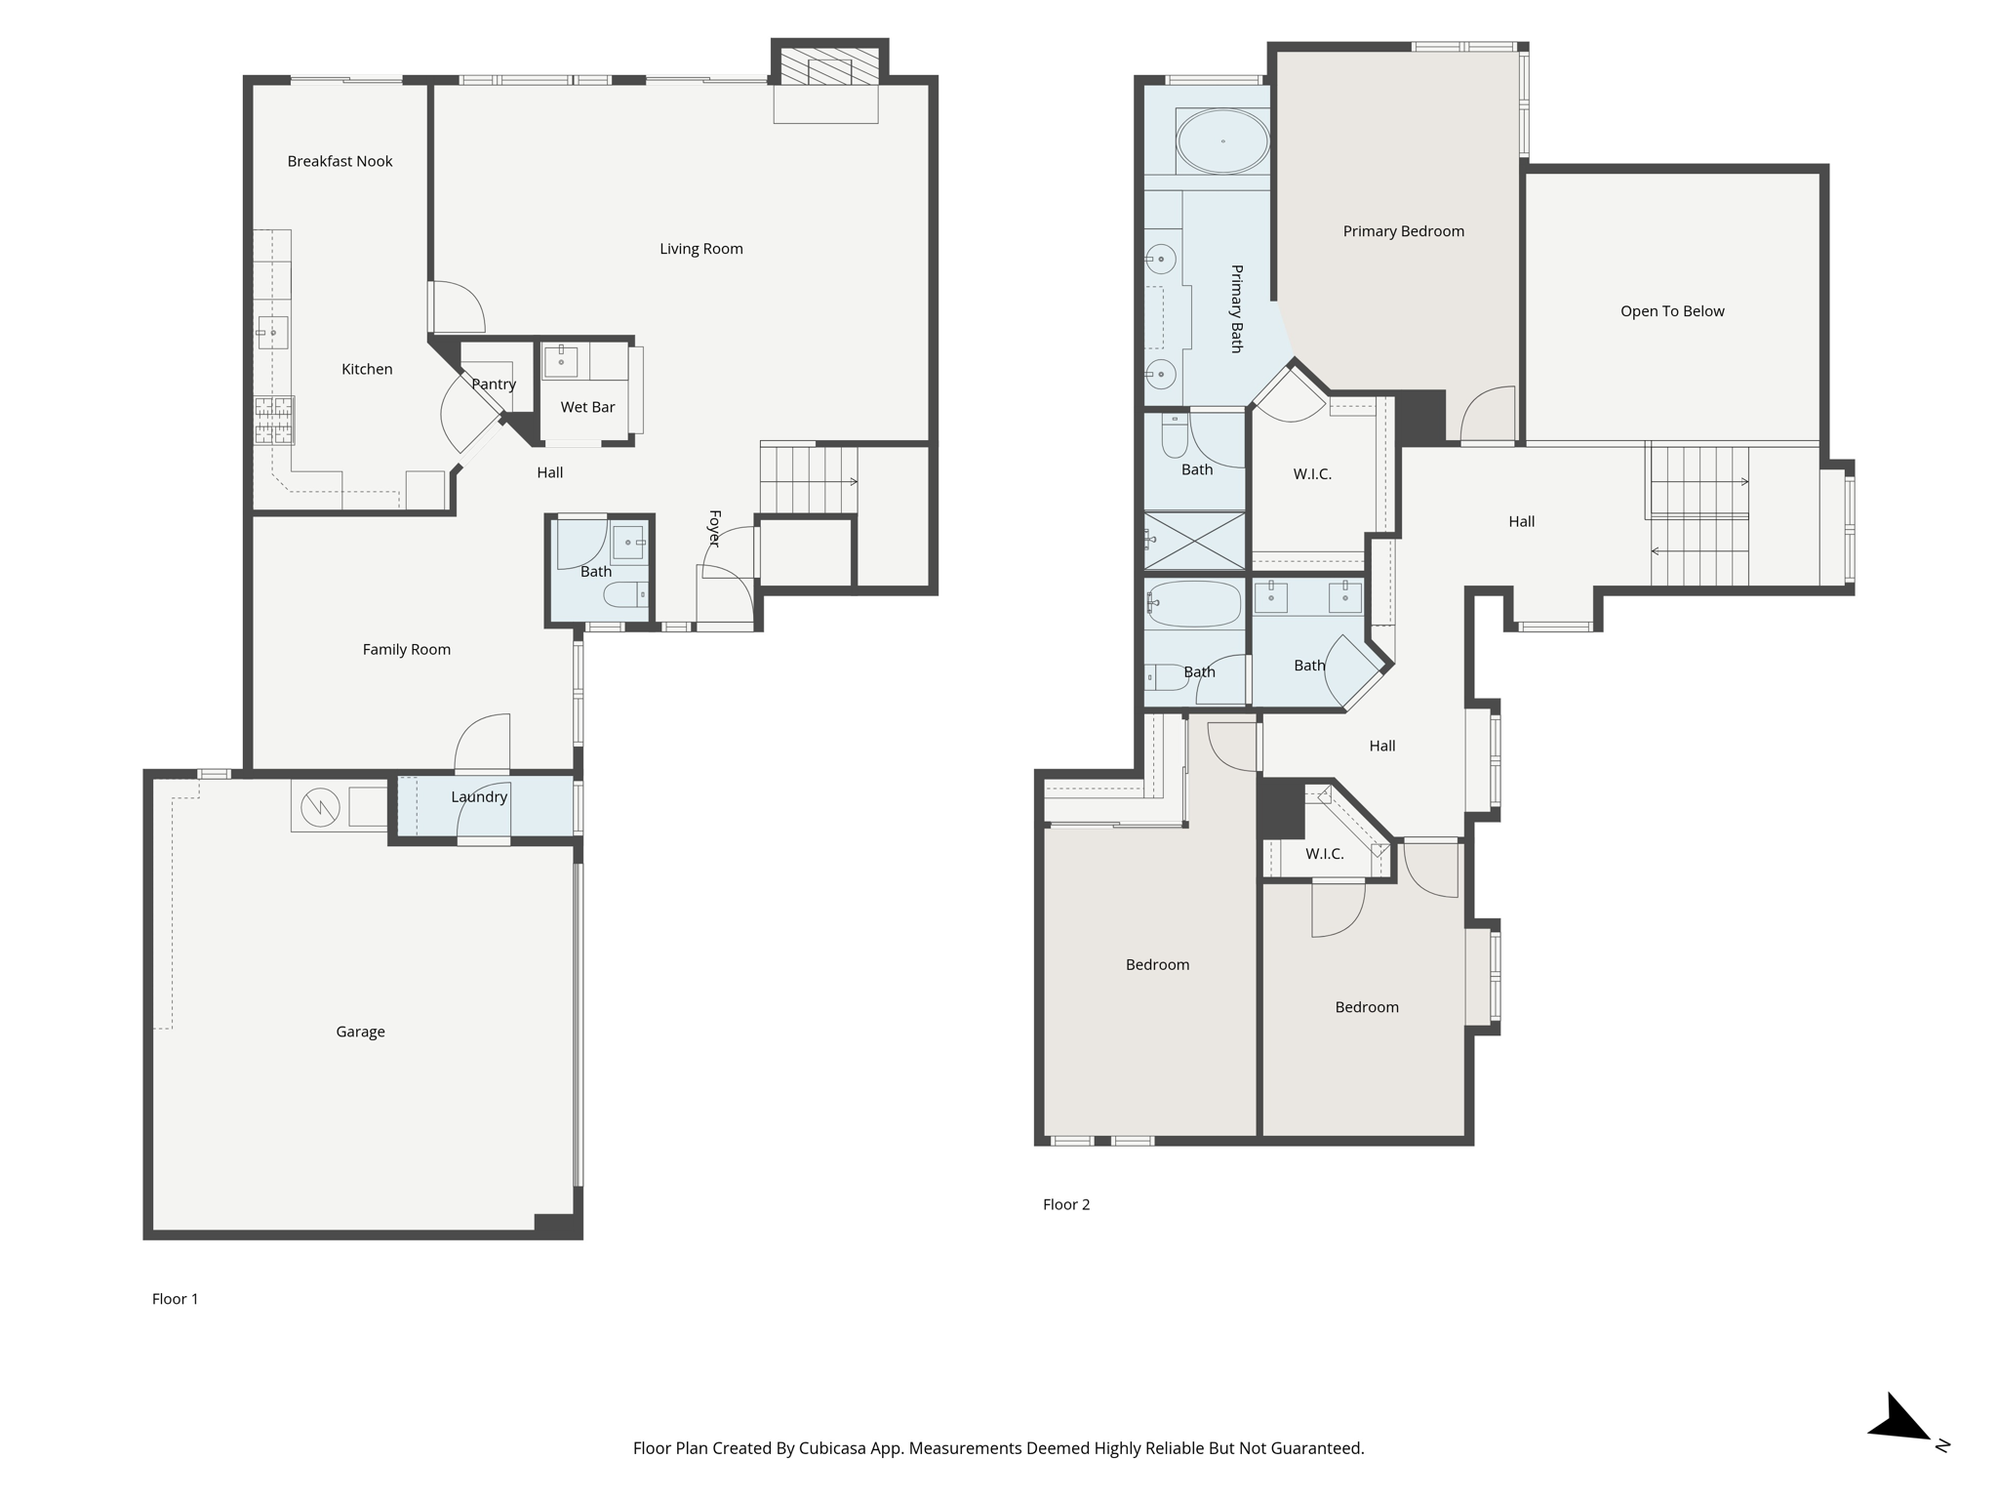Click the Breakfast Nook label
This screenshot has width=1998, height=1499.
tap(340, 161)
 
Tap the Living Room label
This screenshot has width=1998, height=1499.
tap(701, 249)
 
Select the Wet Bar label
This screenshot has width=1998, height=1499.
tap(587, 407)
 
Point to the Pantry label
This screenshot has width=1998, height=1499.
tap(494, 385)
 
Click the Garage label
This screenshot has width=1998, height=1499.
tap(360, 1032)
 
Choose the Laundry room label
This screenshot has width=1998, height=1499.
tap(479, 797)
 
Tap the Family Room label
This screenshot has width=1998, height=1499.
tap(407, 650)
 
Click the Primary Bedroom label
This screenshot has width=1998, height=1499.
tap(1404, 231)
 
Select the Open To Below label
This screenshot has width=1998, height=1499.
tap(1672, 311)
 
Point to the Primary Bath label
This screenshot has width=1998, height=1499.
tap(1236, 308)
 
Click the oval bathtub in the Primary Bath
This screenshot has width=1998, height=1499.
tap(1222, 142)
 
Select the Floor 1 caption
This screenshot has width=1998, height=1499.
tap(175, 1299)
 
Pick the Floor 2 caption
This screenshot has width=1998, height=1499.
tap(1066, 1204)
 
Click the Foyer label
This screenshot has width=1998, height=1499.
tap(714, 528)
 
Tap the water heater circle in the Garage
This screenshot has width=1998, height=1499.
tap(320, 806)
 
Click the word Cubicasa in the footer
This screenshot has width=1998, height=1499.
tap(834, 1448)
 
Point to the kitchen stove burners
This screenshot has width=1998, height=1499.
tap(274, 420)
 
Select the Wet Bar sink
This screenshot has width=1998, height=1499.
tap(561, 361)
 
